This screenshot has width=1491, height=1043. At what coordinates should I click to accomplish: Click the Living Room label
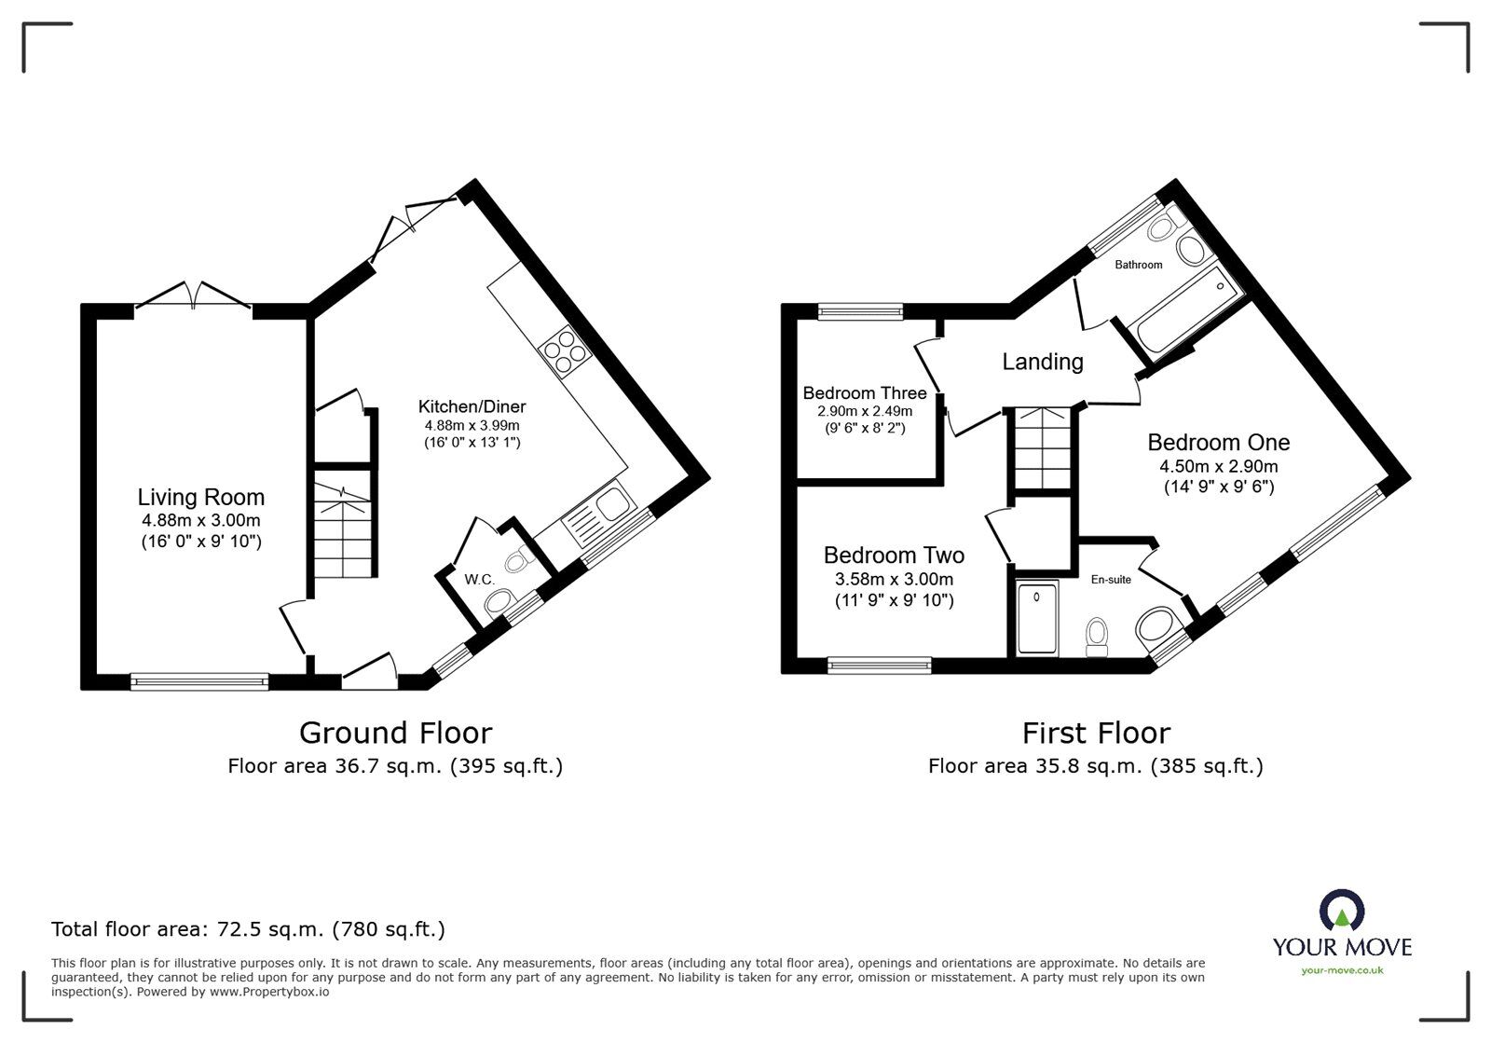coord(200,498)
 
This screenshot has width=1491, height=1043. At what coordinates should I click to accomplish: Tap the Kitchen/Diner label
coord(472,406)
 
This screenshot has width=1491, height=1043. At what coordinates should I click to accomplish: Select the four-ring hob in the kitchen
coord(566,351)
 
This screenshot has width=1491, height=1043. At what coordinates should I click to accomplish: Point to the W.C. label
coord(479,580)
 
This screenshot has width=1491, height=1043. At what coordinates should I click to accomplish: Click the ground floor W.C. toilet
coord(514,560)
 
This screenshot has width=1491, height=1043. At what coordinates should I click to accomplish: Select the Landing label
coord(1042,362)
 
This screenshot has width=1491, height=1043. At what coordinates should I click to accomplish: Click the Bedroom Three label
coord(864,393)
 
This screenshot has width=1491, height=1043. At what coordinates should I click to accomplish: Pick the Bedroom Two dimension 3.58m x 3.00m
coord(894,580)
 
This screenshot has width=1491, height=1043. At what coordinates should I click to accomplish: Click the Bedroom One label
coord(1218,443)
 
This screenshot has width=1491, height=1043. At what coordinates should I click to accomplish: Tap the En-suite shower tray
coord(1037,617)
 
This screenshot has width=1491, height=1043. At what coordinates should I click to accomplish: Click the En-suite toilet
coord(1097,638)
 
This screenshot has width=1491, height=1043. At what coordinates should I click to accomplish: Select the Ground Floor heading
coord(395,734)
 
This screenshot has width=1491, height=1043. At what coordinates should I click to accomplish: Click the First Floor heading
coord(1096,734)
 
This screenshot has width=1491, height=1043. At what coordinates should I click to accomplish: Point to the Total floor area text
coord(248,929)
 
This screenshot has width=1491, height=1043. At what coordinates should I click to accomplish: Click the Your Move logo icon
coord(1342,912)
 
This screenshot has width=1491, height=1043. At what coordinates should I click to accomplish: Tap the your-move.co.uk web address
coord(1342,970)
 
